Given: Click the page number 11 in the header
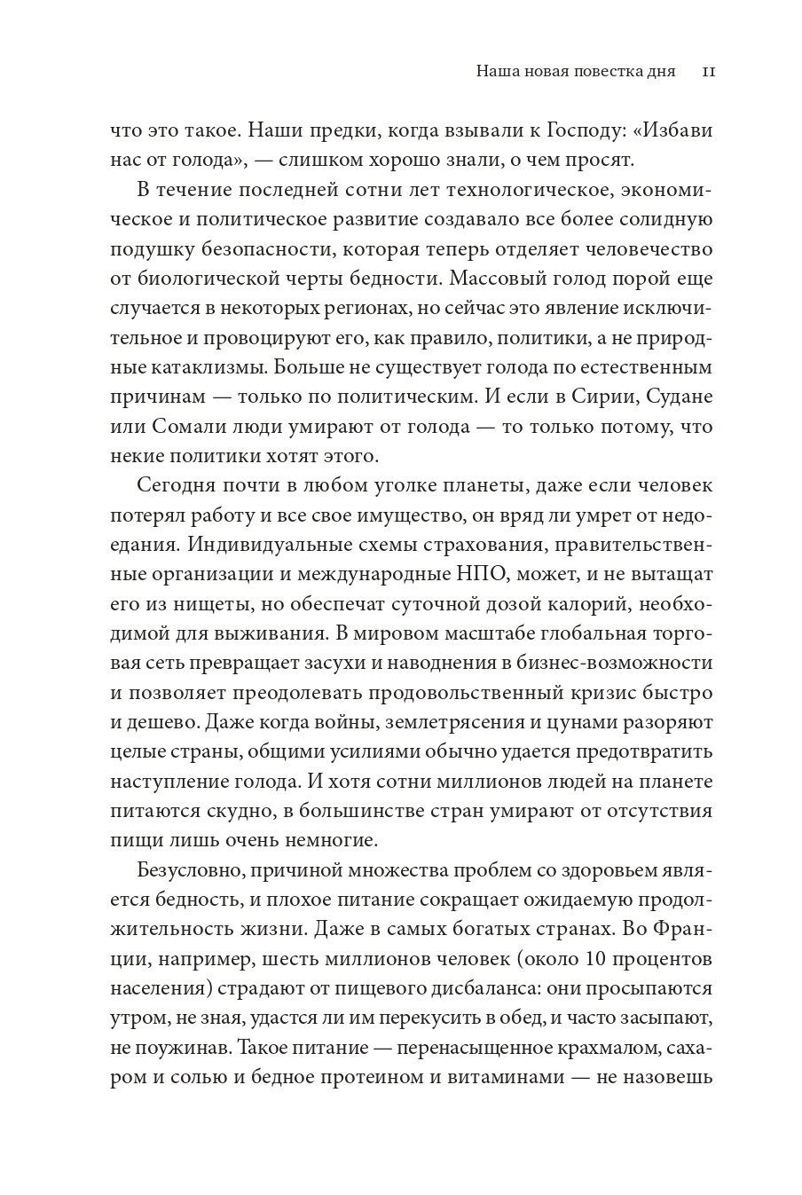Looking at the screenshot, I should click(709, 71).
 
